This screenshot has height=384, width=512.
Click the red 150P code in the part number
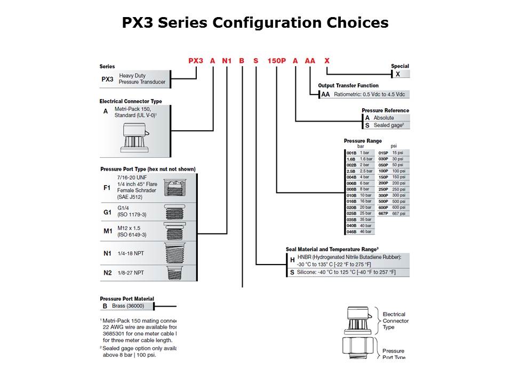click(276, 61)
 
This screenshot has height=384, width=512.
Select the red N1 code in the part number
click(227, 61)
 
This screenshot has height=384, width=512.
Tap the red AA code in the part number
click(310, 61)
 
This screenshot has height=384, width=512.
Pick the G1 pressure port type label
click(107, 212)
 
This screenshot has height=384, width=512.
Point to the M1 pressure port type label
click(107, 231)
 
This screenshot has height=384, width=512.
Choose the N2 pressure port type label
click(107, 273)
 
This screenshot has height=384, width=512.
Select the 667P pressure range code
click(383, 213)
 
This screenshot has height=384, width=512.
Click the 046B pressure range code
click(351, 232)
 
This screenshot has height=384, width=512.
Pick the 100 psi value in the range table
click(398, 171)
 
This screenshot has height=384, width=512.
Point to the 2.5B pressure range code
click(351, 171)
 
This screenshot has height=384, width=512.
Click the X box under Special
click(397, 74)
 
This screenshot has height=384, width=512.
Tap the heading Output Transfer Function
click(348, 85)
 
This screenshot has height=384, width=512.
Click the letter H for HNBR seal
click(292, 260)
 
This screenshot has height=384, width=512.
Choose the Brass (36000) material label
click(126, 306)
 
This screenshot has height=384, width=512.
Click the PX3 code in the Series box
click(107, 79)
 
